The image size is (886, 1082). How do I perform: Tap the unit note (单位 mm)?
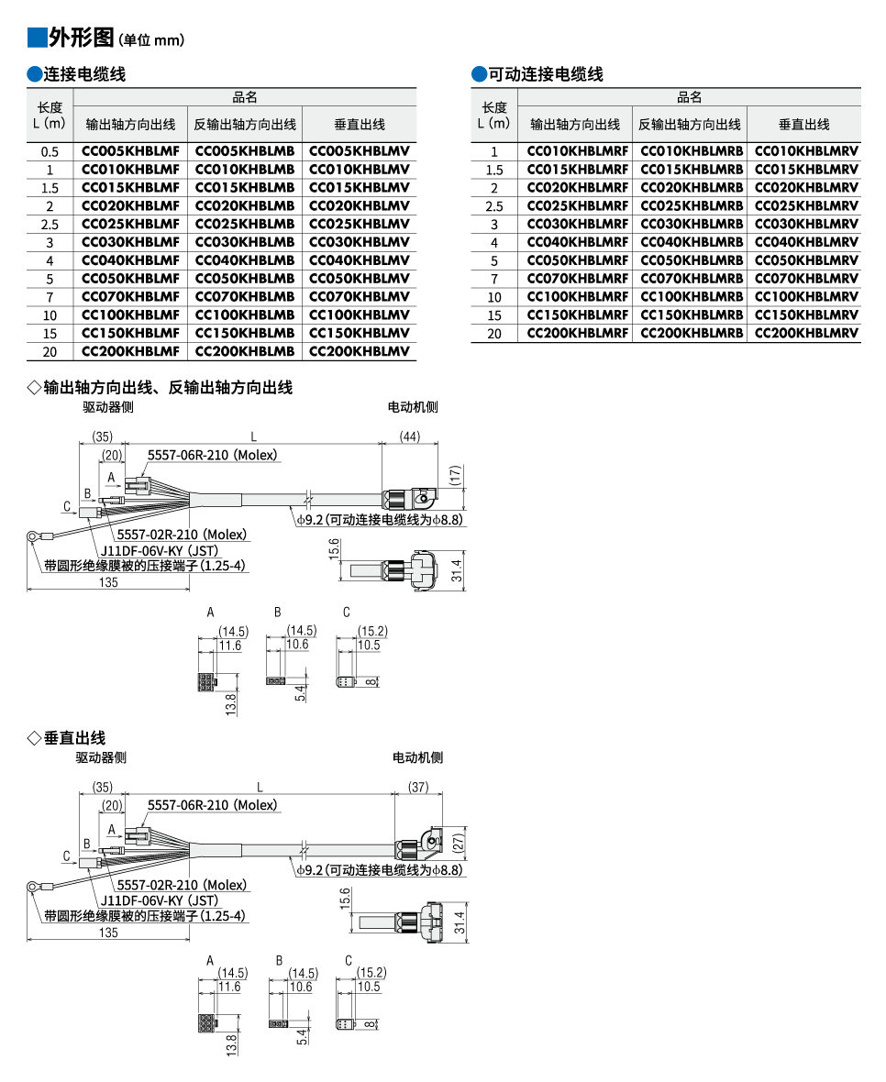point(151,40)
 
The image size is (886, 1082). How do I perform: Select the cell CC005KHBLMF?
point(130,151)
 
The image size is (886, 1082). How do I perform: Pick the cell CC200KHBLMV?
point(359,351)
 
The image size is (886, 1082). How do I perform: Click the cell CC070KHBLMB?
point(245,296)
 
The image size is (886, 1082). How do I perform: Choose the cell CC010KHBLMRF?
point(577,151)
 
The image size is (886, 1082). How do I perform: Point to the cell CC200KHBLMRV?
point(806,333)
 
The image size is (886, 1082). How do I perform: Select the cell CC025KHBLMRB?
point(691,205)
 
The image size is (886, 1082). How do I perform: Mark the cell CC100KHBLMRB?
point(691,296)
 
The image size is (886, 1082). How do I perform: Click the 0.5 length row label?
point(50,152)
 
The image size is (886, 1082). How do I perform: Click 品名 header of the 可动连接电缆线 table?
point(690,97)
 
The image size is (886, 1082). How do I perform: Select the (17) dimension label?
point(456,475)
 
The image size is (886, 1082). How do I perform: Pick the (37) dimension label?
point(418,787)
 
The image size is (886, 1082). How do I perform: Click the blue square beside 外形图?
point(37,38)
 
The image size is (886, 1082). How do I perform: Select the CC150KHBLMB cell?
point(245,333)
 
